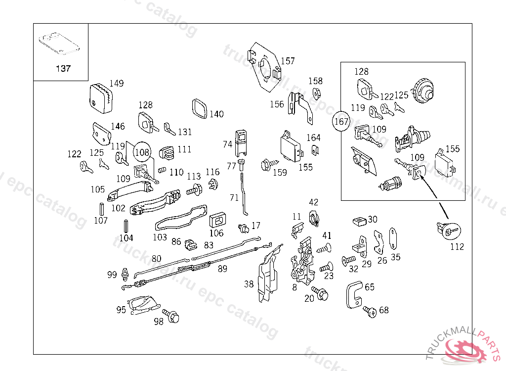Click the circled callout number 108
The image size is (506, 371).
142,152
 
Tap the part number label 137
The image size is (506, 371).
63,69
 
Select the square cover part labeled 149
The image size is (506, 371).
101,98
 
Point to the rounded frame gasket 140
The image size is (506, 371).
199,109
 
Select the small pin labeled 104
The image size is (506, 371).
126,226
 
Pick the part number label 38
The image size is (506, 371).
249,284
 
